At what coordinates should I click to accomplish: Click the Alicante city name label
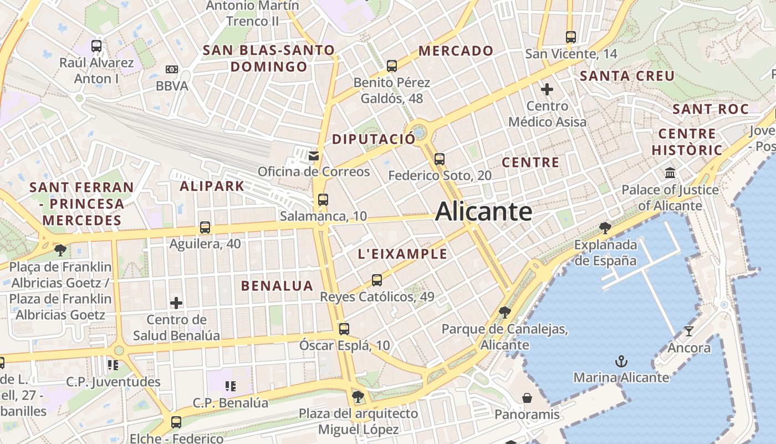pos(484,211)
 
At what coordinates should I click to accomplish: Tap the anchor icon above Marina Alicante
pos(621,362)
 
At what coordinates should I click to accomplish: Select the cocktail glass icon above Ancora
pos(689,331)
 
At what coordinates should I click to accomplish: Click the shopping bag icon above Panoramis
pos(527,398)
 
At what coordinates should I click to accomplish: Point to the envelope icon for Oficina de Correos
pos(314,155)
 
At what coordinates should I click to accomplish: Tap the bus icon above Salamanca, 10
pos(323,200)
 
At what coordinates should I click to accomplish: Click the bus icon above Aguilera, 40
pos(205,228)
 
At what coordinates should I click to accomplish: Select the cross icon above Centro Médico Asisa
pos(547,89)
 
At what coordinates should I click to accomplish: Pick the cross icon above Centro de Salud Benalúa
pos(176,303)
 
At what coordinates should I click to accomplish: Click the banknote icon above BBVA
pos(172,69)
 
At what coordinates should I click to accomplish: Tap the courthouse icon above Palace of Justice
pos(670,173)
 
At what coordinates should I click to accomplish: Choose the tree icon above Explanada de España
pos(605,228)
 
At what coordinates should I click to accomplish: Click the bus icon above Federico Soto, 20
pos(440,159)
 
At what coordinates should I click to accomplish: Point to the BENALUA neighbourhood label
pos(277,286)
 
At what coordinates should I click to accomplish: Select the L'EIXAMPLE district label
pos(402,254)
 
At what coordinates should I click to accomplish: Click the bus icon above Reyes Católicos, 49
pos(377,280)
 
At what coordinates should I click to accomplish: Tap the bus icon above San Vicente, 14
pos(571,37)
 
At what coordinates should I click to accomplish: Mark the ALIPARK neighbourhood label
pos(212,186)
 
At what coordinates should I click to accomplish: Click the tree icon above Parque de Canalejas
pos(504,312)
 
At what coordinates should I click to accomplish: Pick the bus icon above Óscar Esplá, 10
pos(344,329)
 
